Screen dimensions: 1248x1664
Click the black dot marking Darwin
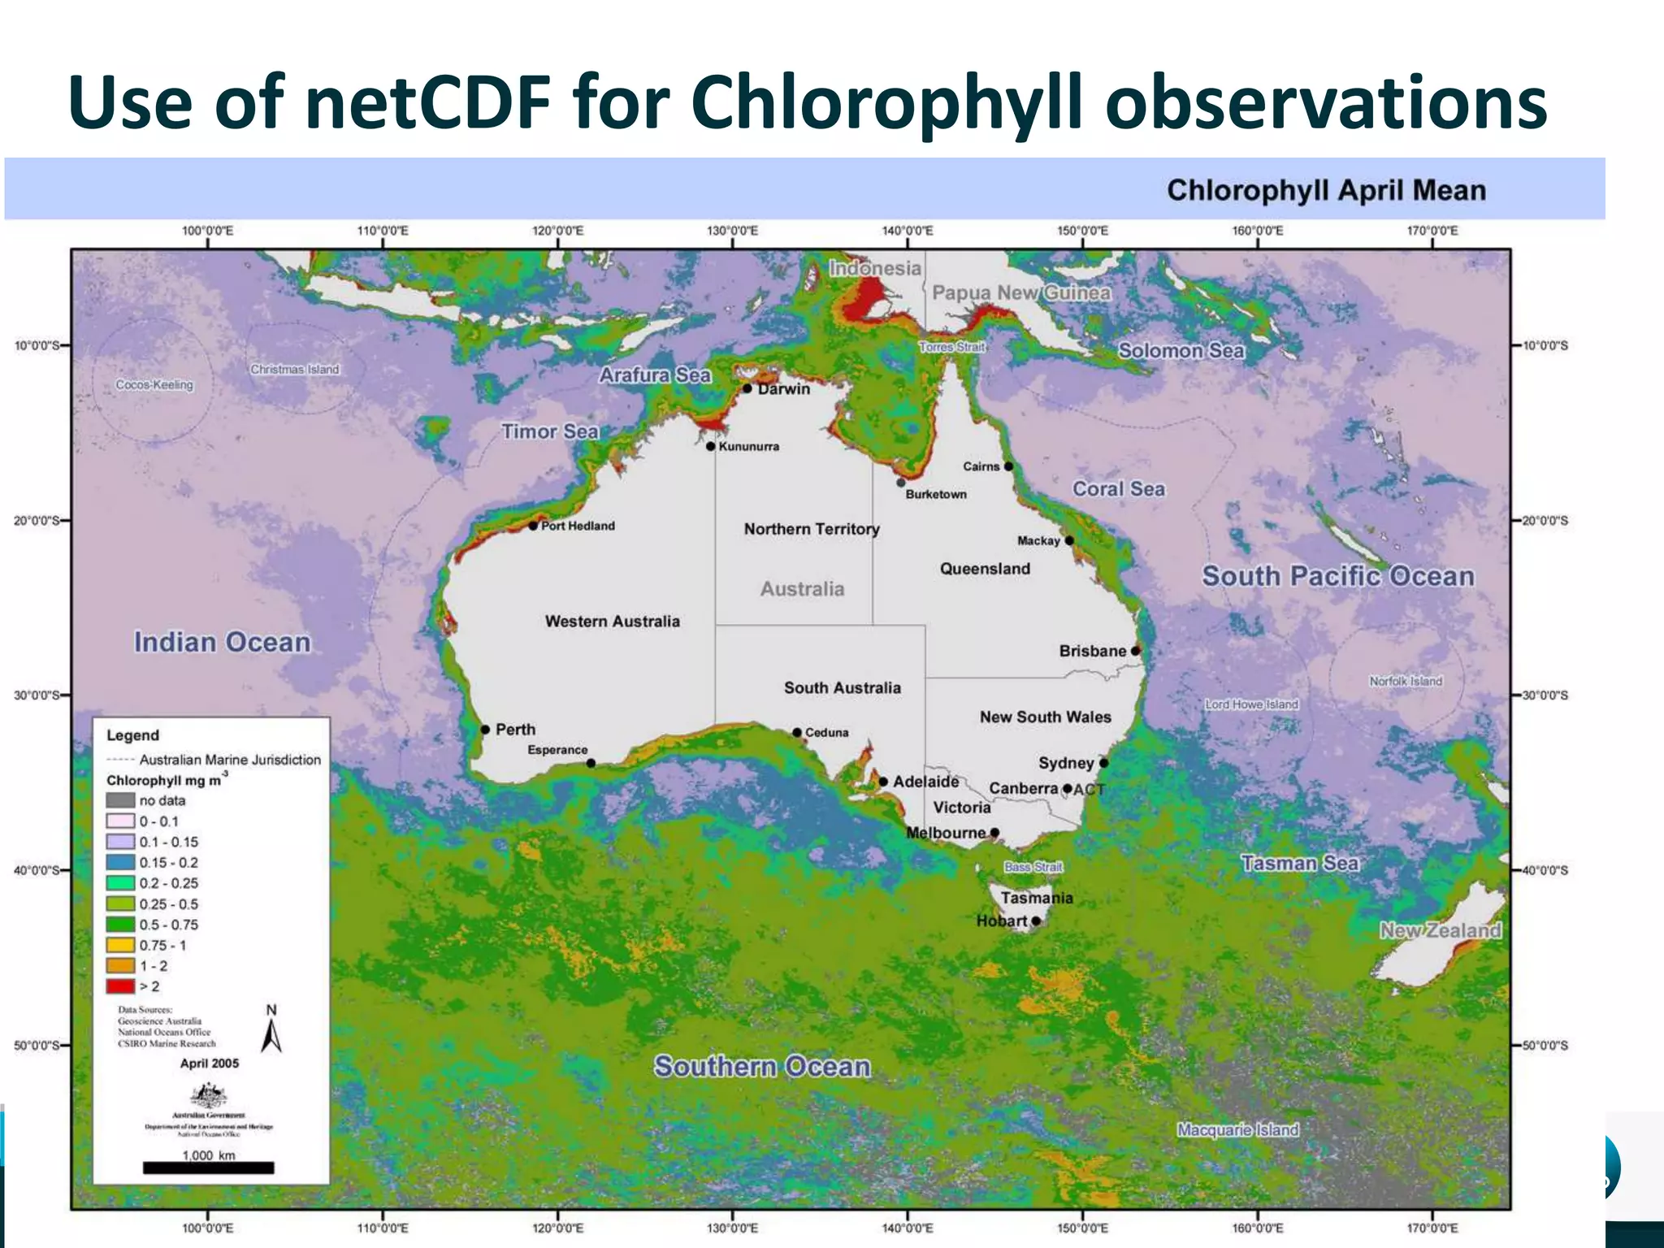point(747,388)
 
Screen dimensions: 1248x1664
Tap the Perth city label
point(515,730)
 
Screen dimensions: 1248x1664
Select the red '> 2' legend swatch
point(120,986)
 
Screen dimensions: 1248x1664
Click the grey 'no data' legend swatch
point(120,800)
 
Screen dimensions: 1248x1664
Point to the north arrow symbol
point(271,1033)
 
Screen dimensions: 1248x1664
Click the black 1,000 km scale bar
point(208,1168)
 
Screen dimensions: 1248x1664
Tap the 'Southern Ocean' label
point(761,1066)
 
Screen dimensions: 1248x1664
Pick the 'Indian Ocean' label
point(222,642)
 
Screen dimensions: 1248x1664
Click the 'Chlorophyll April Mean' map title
point(1326,190)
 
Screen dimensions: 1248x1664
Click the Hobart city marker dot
point(1036,921)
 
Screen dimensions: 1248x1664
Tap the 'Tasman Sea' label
point(1299,863)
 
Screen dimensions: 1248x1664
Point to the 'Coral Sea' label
point(1118,488)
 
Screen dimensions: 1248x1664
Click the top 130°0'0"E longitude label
point(732,231)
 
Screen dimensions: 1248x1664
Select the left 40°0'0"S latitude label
point(37,870)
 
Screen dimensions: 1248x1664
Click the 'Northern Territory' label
point(812,529)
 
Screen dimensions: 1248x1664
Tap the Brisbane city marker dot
point(1136,651)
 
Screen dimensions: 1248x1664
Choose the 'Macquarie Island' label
point(1237,1129)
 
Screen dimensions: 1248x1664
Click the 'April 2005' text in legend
point(210,1064)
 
